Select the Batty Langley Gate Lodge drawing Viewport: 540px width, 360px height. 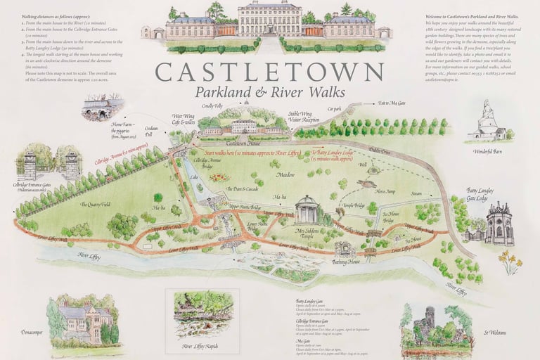click(498, 223)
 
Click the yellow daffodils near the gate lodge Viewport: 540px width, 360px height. click(509, 261)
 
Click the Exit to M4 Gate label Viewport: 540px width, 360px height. click(392, 103)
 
